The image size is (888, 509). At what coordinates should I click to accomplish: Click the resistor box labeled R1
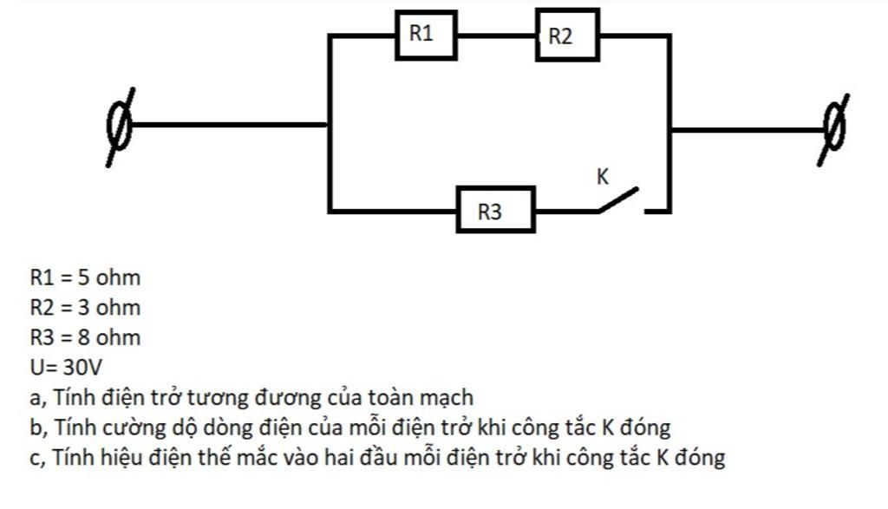click(426, 36)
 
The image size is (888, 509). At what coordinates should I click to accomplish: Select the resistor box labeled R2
click(567, 36)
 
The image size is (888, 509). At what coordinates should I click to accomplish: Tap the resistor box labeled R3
click(495, 210)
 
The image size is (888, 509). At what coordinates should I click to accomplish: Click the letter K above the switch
click(603, 177)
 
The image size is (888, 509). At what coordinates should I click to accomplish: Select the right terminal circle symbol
click(834, 128)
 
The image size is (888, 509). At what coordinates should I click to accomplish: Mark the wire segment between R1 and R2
click(496, 36)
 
